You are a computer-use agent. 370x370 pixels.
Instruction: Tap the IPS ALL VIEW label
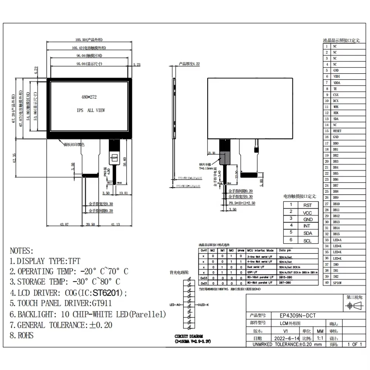91,110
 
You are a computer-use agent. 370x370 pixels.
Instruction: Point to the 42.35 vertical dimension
14,158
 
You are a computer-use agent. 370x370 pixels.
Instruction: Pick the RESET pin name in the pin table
337,131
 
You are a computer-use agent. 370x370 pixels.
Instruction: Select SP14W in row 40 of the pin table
337,282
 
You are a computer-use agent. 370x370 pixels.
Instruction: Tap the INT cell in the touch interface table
307,226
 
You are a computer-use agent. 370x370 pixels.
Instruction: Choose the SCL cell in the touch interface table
307,240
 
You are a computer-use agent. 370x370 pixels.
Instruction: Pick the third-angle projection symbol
354,306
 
